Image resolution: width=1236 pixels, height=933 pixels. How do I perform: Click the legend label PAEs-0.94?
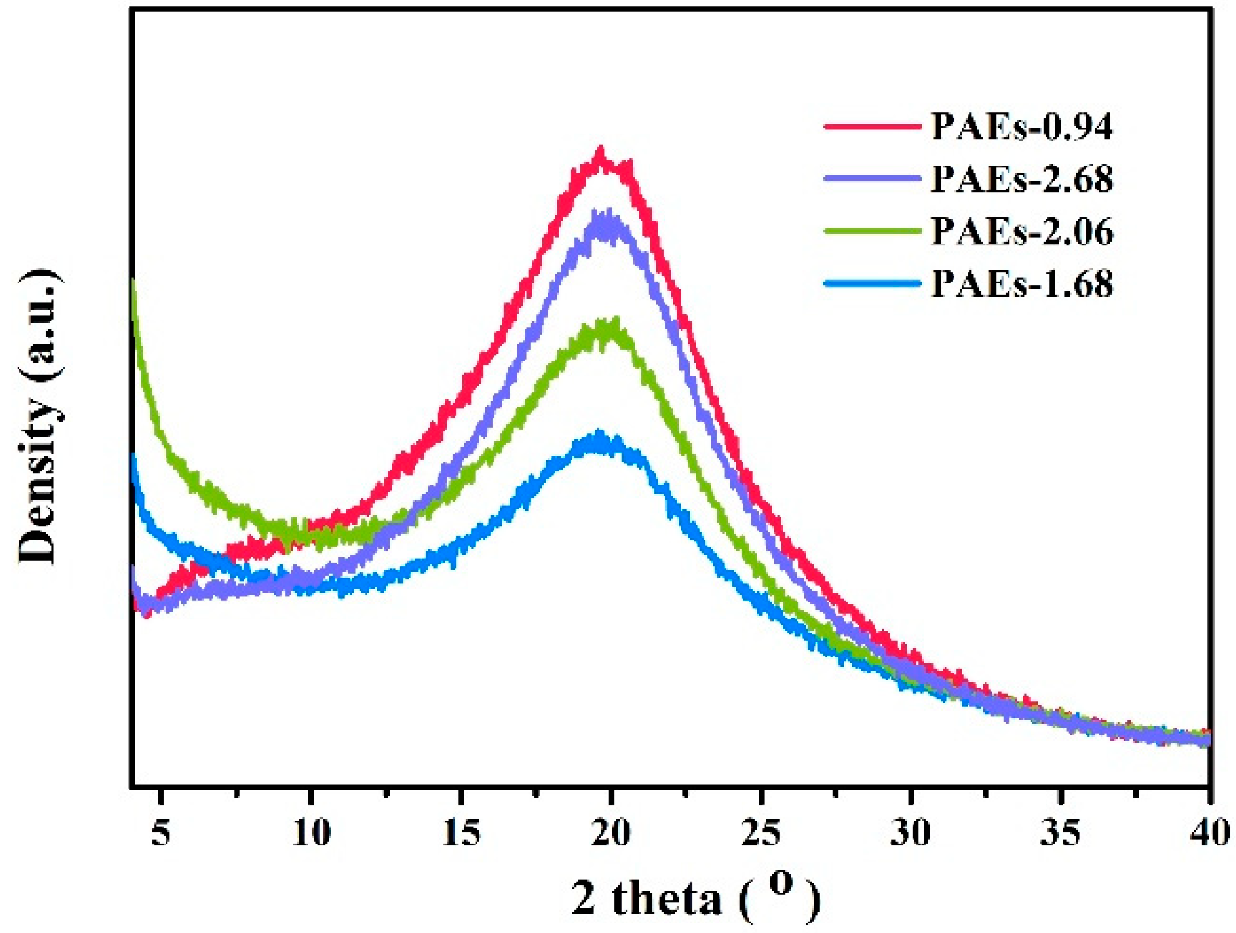pos(1021,127)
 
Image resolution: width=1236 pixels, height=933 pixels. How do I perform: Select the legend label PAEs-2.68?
pos(1021,179)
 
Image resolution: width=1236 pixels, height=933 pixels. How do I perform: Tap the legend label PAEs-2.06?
pos(1021,231)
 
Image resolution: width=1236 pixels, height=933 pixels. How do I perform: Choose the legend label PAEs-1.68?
pos(1021,283)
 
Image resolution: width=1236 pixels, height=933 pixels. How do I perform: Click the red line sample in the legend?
pos(872,126)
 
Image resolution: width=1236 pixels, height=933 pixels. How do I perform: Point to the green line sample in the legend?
pos(872,231)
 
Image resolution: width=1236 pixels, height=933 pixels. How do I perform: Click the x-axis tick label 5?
pos(160,833)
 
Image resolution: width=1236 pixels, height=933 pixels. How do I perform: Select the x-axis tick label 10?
pos(311,833)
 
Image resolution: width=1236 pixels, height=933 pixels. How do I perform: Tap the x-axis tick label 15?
pos(461,833)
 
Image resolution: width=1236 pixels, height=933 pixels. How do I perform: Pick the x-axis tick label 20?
pos(611,833)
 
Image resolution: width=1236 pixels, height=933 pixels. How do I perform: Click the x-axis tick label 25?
pos(762,833)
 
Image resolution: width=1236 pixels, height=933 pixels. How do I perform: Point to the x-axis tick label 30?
pos(911,833)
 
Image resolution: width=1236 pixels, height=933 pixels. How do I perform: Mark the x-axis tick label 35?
pos(1061,833)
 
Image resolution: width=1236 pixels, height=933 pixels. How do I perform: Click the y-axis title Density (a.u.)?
pos(39,417)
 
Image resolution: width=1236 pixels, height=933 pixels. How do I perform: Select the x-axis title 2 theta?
pos(695,898)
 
